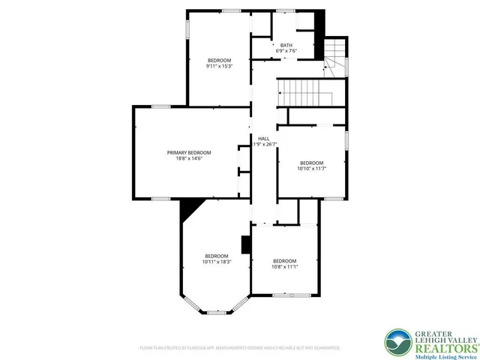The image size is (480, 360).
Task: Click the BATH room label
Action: coord(286,45)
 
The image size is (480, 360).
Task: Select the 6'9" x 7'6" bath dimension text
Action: coord(286,51)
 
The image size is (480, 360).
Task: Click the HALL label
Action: coord(263,139)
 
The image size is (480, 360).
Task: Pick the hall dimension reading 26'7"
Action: coord(264,145)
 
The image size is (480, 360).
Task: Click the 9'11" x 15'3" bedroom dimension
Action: coord(219,66)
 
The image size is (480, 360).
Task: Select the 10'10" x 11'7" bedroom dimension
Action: coord(311,169)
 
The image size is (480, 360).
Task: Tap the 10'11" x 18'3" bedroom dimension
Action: coord(216,262)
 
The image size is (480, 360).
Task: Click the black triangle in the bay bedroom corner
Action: coord(190,208)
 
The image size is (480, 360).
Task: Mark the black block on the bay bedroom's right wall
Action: coord(244,245)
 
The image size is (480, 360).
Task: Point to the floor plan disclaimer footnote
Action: coord(239,348)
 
